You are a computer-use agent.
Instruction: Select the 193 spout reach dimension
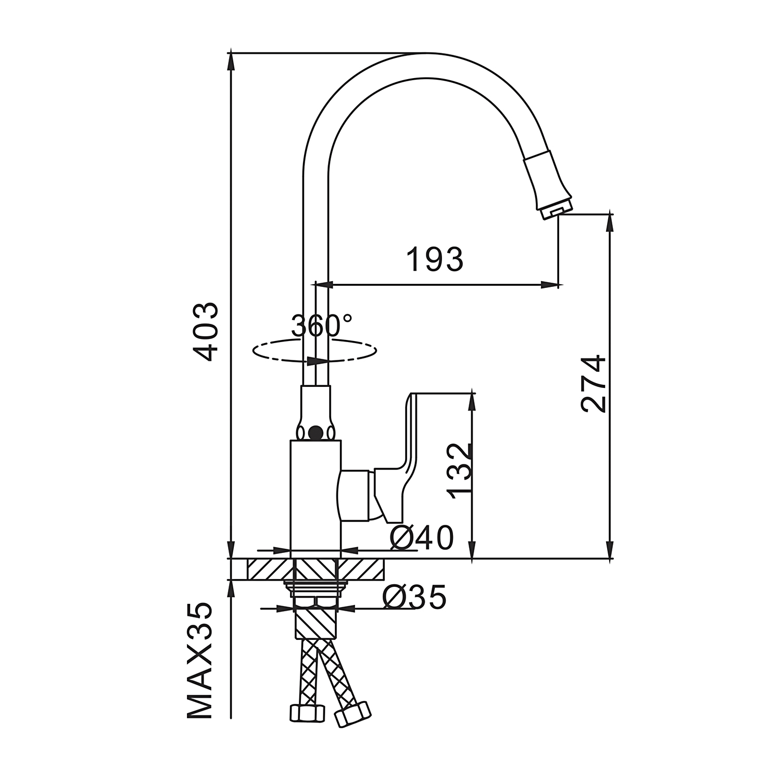point(435,259)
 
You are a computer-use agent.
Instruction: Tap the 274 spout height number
point(594,384)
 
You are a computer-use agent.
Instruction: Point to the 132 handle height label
point(461,471)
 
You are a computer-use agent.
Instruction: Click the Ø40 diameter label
point(422,538)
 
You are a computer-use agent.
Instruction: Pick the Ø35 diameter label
point(414,597)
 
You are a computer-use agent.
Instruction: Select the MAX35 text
point(200,661)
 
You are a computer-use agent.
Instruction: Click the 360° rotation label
point(321,326)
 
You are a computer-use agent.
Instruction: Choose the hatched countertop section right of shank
point(361,569)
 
